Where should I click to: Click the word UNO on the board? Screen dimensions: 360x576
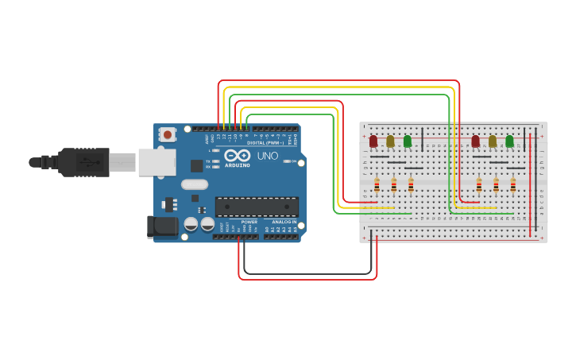268,156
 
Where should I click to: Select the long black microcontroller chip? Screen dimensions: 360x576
257,207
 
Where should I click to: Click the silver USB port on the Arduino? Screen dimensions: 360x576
157,162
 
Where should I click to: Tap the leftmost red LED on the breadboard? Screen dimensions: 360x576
373,141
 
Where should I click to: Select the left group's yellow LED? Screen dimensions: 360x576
390,141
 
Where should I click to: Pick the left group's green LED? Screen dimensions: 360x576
408,141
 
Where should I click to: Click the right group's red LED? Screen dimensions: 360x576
475,141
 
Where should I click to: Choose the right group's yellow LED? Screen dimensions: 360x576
493,141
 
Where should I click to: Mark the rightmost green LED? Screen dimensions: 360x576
509,141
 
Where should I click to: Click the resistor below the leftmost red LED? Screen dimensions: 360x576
377,185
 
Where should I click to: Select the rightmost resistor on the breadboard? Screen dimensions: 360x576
513,185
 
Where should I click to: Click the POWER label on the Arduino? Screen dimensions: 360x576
249,222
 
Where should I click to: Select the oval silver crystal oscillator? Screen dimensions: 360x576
195,184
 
